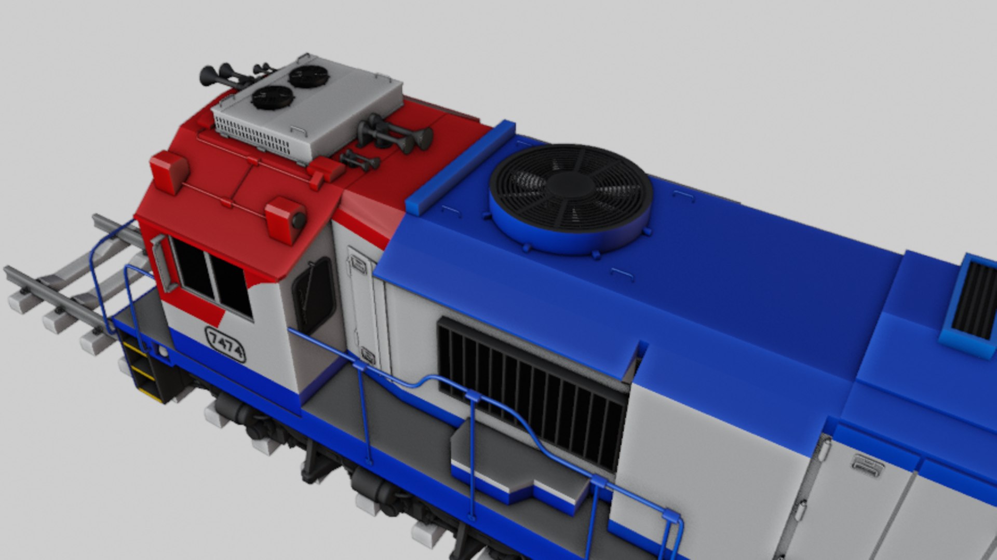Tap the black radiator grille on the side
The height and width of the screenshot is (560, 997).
(532, 392)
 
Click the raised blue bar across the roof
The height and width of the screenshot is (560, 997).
(460, 167)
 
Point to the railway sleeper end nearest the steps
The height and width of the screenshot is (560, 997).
(93, 343)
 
